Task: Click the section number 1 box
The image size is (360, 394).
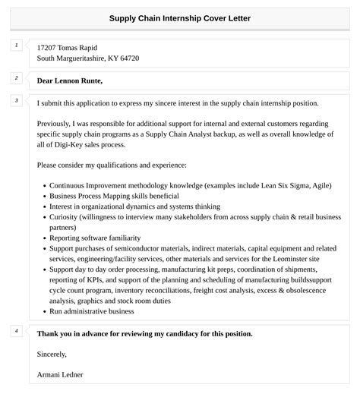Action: (x=15, y=46)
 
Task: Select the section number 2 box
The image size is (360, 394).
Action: (x=15, y=77)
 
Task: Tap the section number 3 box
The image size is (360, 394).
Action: (x=15, y=100)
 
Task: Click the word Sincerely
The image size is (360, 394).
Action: (x=52, y=354)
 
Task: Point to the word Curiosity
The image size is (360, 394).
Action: (x=64, y=216)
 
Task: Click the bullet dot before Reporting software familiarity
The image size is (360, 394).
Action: (x=43, y=237)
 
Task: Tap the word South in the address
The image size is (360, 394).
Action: (x=47, y=58)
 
